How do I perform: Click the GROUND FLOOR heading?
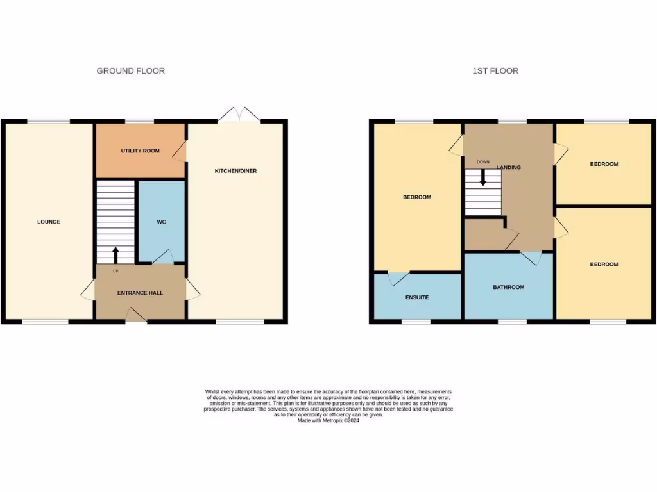click(x=130, y=70)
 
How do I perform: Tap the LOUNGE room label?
click(x=49, y=222)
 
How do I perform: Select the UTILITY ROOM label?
click(x=140, y=151)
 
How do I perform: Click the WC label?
click(x=161, y=222)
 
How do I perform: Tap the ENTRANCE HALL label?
click(x=140, y=293)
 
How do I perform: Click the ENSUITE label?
click(x=416, y=297)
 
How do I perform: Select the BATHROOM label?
click(x=508, y=287)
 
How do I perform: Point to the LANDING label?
click(x=509, y=167)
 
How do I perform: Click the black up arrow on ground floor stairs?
click(x=115, y=255)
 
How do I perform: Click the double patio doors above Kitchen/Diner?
click(x=239, y=115)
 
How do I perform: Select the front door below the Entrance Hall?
click(x=136, y=315)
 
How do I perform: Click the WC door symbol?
click(x=162, y=257)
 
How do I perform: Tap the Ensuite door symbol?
click(x=398, y=278)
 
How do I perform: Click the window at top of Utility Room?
click(x=139, y=120)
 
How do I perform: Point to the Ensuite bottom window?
click(x=416, y=321)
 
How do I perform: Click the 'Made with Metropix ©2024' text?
click(x=328, y=420)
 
